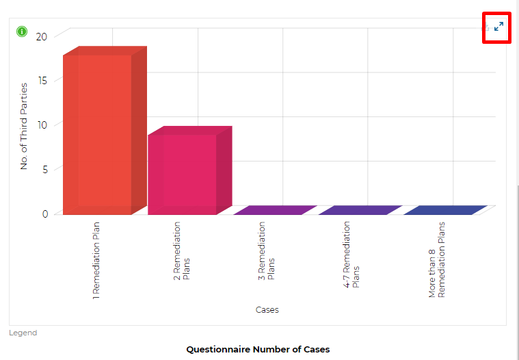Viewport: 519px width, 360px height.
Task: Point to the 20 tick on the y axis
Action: pos(42,36)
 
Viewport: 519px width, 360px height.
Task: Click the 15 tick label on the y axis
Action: pos(42,81)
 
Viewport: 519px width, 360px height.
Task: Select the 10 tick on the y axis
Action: pos(42,125)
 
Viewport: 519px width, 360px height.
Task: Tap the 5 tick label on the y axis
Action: pos(44,169)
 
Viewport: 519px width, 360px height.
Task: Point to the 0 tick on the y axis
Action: pos(44,214)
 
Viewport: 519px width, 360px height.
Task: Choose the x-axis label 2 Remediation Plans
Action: pos(181,250)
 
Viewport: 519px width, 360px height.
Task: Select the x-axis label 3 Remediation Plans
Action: pos(266,250)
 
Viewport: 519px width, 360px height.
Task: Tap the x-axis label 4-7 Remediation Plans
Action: pos(351,254)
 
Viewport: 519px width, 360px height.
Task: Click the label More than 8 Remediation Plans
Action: pos(436,259)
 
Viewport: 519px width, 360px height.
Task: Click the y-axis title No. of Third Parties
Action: pos(24,126)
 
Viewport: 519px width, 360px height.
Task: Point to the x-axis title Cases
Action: pos(267,309)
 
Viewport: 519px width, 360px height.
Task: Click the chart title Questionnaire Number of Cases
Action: pos(258,349)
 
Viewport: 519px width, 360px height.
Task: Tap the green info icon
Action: pos(22,31)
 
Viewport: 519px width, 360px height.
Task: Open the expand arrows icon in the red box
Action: pos(498,27)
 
